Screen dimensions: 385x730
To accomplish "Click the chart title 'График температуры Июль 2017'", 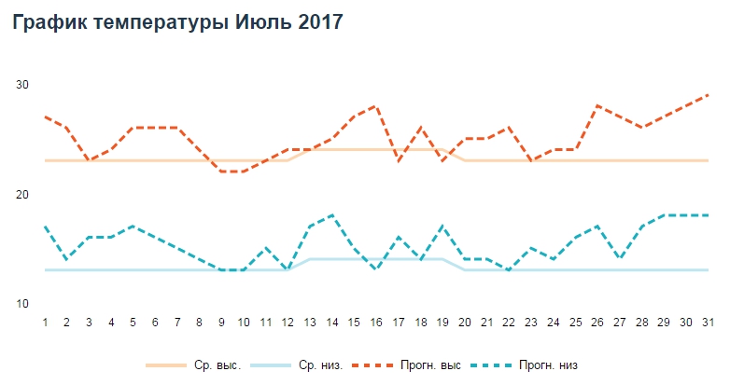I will pos(176,23).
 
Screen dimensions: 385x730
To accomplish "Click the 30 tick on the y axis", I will pos(22,85).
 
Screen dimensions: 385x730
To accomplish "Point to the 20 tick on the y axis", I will pos(22,194).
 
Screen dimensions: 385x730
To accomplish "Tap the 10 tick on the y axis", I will pos(22,304).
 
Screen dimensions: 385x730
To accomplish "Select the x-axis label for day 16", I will pos(376,322).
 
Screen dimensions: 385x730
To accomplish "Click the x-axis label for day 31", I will pos(708,322).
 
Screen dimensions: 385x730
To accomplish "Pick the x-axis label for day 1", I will pos(45,322).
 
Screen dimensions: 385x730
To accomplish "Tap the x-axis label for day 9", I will pos(221,322).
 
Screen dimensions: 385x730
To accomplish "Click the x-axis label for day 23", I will pos(531,322).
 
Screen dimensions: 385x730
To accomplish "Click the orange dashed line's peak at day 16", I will pos(376,106).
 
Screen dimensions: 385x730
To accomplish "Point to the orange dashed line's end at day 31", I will pos(708,95).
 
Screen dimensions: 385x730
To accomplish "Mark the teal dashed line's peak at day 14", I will pos(332,215).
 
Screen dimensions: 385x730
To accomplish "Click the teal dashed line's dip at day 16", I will pos(376,269).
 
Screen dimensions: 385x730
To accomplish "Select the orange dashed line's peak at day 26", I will pos(597,106).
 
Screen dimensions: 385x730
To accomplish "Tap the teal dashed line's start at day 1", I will pos(45,227).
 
